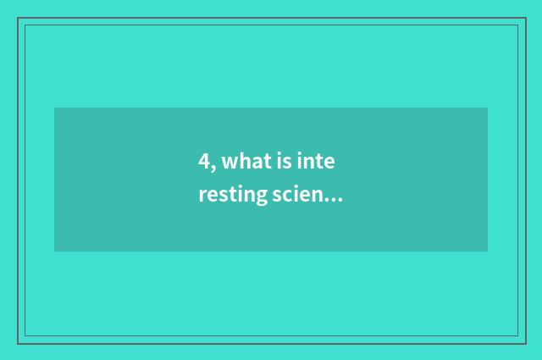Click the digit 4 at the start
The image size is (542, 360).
203,163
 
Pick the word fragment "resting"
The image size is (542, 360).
234,197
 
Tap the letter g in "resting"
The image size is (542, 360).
261,199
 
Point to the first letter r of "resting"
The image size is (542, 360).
202,197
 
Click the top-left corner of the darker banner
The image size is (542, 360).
54,108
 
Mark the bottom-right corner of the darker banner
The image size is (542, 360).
488,252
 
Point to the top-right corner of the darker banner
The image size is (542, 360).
488,108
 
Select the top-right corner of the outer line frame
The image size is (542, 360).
525,19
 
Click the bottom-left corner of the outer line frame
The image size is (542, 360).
18,343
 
